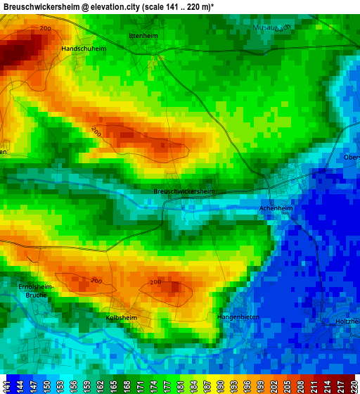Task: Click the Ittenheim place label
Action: click(143, 35)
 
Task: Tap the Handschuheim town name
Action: click(84, 49)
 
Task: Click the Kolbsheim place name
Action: click(121, 318)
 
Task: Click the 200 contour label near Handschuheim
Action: click(46, 28)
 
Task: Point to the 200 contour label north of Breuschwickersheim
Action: click(96, 132)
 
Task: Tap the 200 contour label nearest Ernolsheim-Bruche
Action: click(96, 281)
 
